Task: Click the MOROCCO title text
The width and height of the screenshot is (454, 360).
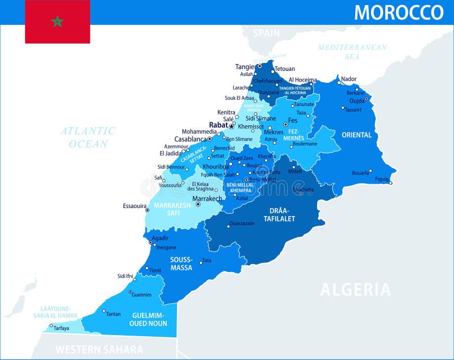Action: click(x=398, y=12)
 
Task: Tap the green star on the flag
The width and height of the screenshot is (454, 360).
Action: click(x=57, y=22)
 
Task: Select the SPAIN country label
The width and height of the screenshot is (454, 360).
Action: click(x=266, y=33)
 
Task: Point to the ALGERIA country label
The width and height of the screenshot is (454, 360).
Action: click(x=355, y=290)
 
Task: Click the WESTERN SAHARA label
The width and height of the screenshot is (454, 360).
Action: click(x=99, y=349)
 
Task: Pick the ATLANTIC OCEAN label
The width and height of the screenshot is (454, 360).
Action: click(x=88, y=137)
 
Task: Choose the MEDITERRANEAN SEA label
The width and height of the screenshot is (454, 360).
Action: click(x=352, y=52)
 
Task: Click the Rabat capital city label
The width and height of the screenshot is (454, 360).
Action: click(x=218, y=125)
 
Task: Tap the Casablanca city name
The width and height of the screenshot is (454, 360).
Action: click(x=190, y=139)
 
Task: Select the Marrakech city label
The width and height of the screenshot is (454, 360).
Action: click(x=207, y=199)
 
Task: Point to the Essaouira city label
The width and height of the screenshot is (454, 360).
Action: click(x=134, y=206)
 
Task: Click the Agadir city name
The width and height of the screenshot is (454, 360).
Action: click(x=161, y=238)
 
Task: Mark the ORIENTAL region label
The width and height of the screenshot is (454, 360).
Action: click(x=356, y=135)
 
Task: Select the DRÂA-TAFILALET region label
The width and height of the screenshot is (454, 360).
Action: click(x=279, y=214)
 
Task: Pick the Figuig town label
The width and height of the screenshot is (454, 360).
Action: click(x=382, y=179)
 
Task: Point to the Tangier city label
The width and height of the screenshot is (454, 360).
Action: click(x=245, y=67)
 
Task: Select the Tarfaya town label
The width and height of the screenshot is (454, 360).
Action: click(x=61, y=328)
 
